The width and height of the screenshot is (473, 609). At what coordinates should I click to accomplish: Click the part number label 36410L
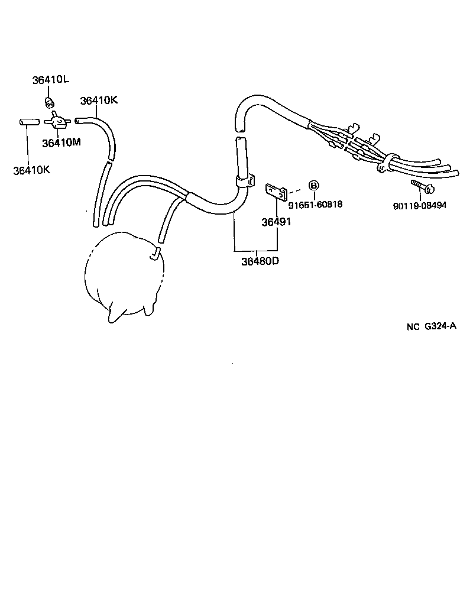coord(52,80)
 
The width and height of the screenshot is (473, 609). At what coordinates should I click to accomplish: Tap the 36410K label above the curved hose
coord(99,101)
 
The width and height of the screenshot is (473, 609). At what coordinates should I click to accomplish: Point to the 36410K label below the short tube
coord(32,170)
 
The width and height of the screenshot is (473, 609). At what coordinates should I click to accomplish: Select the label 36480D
coord(259,261)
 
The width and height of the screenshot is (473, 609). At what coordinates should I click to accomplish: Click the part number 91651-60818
coord(316,205)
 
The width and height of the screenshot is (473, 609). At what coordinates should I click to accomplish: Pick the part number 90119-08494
coord(419,206)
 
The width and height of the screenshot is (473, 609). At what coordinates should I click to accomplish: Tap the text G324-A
coord(440,326)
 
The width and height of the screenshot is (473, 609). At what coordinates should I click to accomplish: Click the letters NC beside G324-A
coord(412,326)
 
